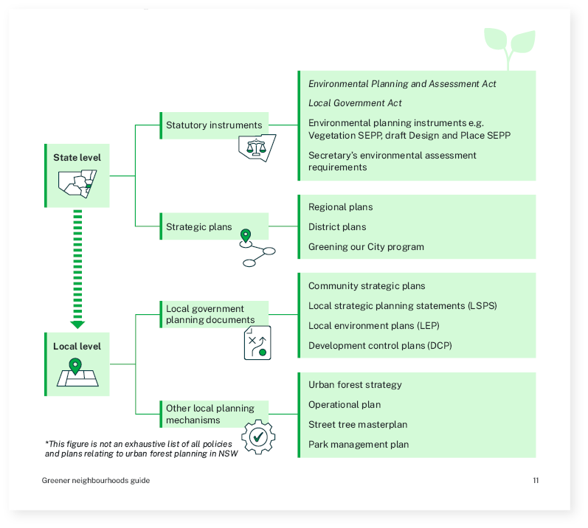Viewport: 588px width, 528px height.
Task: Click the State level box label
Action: pos(77,158)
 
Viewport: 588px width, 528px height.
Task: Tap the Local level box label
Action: pos(77,347)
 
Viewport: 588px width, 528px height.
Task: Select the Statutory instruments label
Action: pos(213,125)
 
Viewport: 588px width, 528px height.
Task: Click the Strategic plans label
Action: pos(198,227)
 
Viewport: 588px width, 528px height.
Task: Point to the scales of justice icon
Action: pos(256,147)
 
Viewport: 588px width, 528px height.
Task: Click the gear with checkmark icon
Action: pos(258,437)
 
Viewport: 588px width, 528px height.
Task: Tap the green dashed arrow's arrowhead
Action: pos(77,324)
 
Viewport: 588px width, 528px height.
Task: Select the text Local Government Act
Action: pos(355,103)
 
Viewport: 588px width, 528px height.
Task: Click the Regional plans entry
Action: pos(340,207)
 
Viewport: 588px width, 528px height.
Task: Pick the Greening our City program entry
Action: pos(366,247)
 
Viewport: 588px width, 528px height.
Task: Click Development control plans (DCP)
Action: pos(380,346)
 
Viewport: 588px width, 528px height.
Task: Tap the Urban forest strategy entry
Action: pos(355,385)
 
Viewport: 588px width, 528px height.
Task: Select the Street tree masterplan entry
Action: pos(357,425)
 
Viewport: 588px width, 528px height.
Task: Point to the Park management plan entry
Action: pos(358,445)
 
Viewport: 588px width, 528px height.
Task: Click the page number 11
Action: pos(536,481)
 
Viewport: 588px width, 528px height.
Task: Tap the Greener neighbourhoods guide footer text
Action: pos(95,481)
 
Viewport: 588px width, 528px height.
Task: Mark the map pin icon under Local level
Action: pos(75,367)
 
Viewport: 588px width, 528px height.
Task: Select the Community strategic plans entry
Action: pos(367,286)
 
